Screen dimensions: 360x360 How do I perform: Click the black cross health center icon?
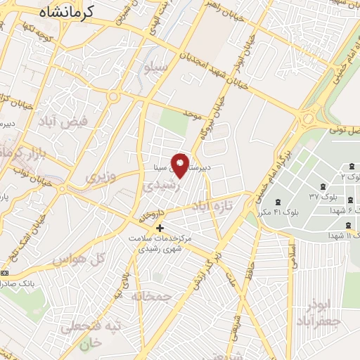(160, 228)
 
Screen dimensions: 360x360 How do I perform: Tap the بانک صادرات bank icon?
(6, 273)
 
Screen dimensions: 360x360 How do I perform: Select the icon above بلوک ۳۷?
(323, 187)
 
